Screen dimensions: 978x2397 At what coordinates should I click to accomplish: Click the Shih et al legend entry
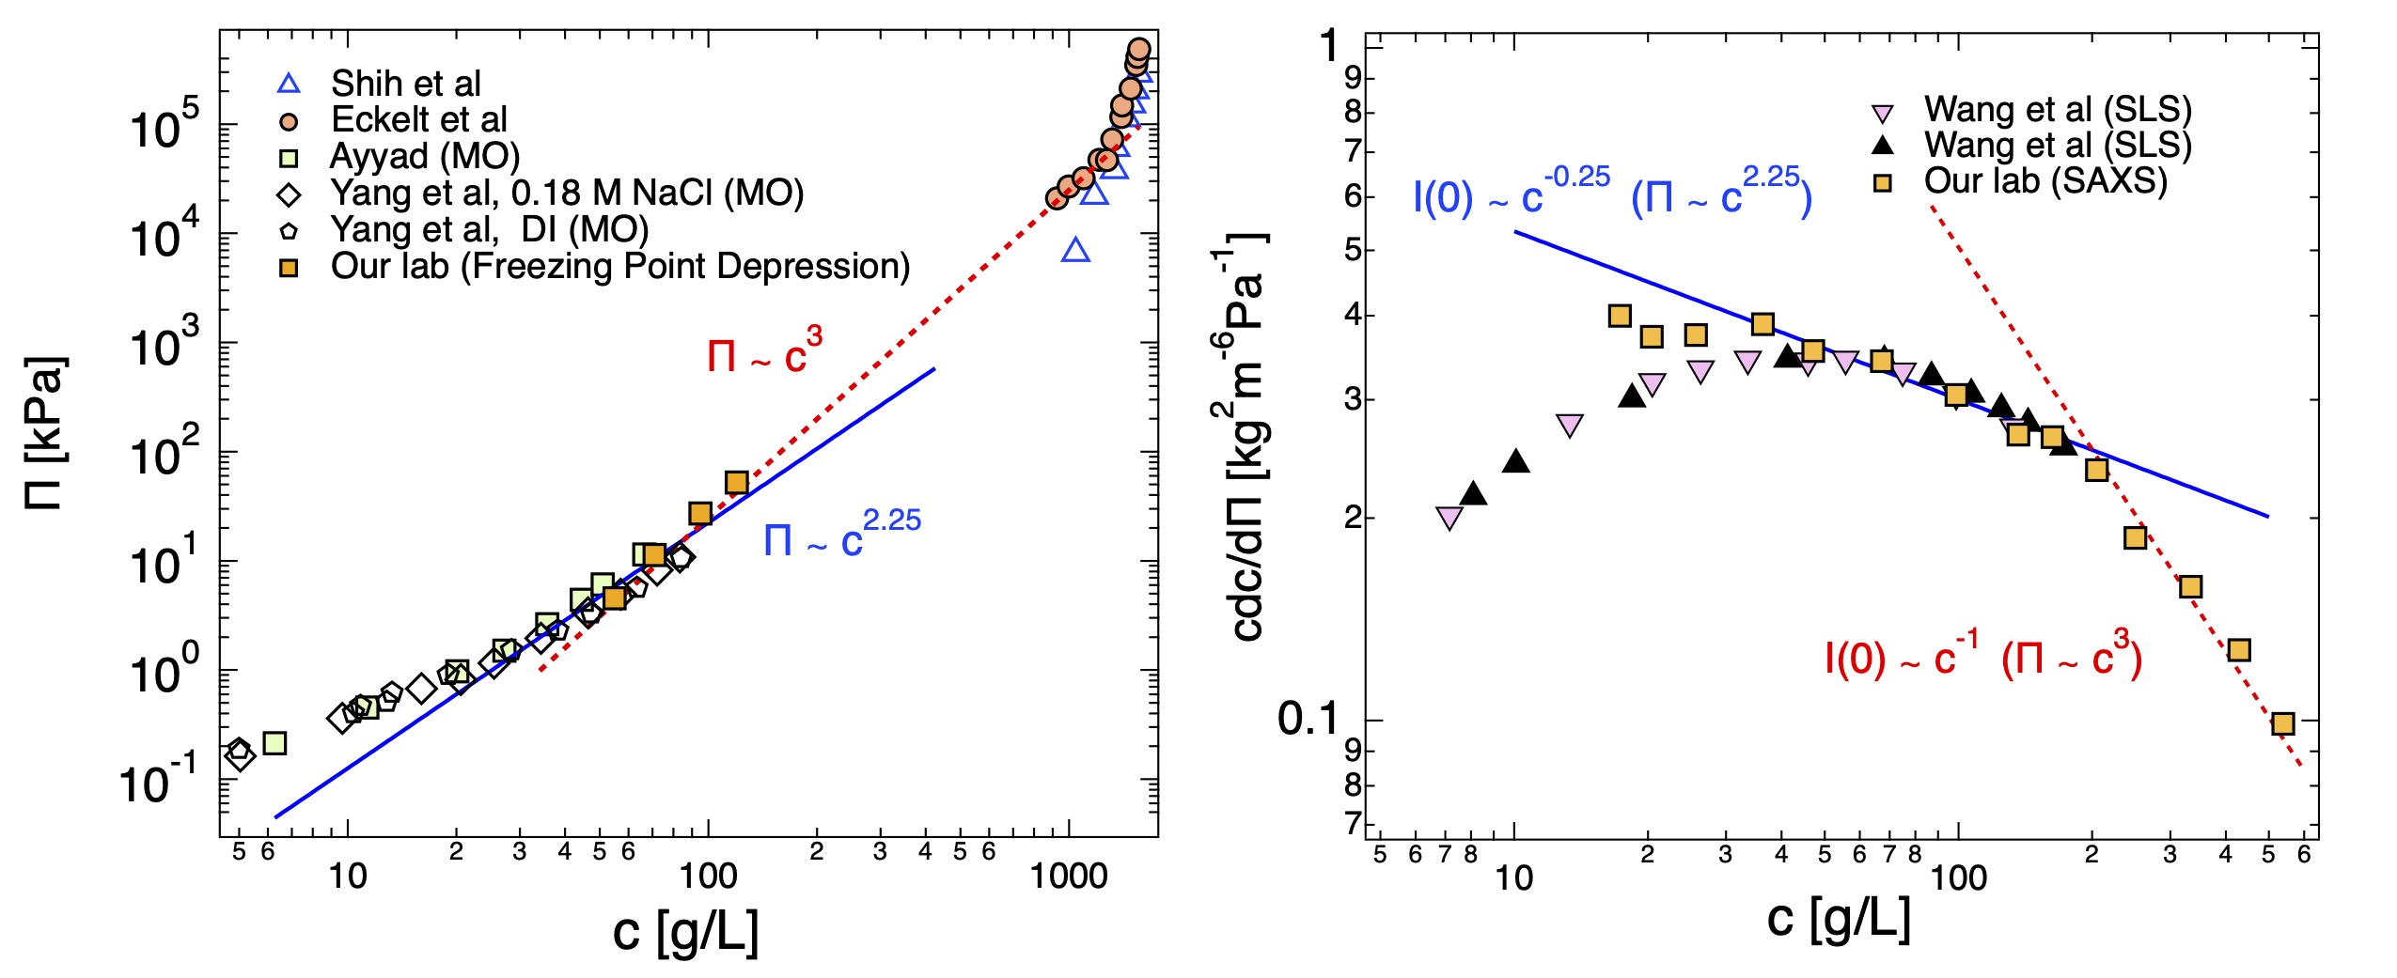(405, 84)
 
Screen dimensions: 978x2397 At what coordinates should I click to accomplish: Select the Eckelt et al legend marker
(290, 121)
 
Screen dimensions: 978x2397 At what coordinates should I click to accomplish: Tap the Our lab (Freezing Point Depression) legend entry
(619, 267)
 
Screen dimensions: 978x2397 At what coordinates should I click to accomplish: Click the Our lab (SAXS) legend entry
(2044, 181)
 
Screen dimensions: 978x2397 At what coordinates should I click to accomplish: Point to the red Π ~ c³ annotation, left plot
(764, 351)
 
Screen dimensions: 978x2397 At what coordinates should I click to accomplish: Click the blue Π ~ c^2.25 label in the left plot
(841, 536)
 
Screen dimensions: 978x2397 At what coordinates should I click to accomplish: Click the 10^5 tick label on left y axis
(164, 127)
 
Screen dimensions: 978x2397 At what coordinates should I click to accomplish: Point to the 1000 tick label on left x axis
(1069, 877)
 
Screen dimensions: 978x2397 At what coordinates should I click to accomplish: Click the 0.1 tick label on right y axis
(1308, 719)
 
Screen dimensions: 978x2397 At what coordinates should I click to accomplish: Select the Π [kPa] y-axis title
(45, 433)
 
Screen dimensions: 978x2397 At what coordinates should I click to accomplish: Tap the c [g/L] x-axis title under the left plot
(685, 931)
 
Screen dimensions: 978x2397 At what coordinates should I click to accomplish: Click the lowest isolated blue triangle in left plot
(1075, 251)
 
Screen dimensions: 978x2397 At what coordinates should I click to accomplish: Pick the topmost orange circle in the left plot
(1138, 49)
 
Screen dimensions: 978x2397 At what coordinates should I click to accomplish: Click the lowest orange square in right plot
(2282, 723)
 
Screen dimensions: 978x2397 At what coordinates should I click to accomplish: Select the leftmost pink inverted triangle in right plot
(1449, 518)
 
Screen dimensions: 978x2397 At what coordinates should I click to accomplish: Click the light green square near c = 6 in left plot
(274, 743)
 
